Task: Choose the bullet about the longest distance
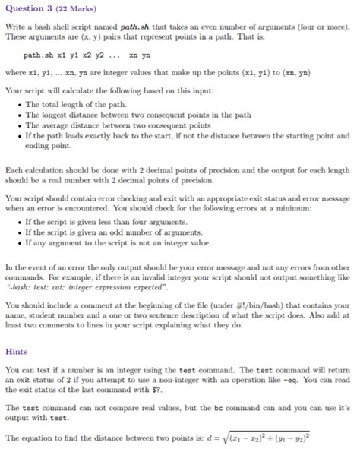tap(125, 115)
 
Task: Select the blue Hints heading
tap(16, 352)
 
